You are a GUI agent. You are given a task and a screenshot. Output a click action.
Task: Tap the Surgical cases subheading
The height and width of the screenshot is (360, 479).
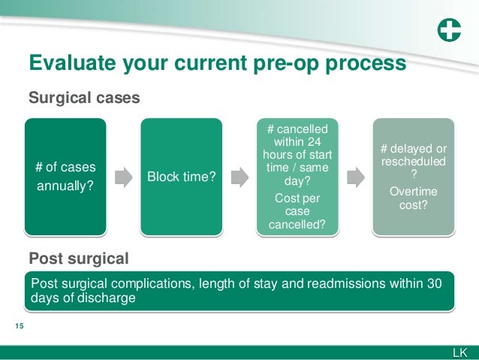[83, 98]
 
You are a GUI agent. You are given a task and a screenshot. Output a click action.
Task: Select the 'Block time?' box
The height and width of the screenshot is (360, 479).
[181, 177]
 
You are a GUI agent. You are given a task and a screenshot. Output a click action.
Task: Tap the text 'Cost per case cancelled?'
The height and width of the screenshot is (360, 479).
[297, 211]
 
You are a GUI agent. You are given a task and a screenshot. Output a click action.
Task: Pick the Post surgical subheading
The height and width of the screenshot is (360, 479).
[78, 259]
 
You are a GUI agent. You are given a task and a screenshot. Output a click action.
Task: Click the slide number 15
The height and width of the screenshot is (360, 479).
[20, 325]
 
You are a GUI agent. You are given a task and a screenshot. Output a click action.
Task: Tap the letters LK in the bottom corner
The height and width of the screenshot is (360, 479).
[459, 352]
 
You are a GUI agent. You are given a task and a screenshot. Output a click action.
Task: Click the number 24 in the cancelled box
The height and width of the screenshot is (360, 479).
[318, 142]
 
